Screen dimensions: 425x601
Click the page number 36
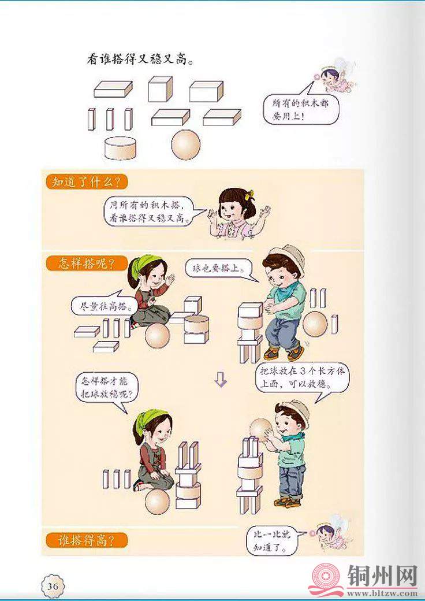pos(53,586)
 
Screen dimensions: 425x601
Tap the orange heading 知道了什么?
pos(86,181)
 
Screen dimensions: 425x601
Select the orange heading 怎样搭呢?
pos(86,264)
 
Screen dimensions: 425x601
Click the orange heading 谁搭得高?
pos(86,540)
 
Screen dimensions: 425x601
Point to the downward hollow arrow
pos(221,379)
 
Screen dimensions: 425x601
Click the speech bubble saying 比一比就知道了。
pos(275,540)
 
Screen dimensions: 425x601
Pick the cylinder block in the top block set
pos(120,148)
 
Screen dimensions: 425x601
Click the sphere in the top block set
pos(186,144)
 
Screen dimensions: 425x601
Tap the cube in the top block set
pos(161,89)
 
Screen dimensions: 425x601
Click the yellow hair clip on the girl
pos(250,194)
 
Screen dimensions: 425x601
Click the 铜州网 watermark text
pos(382,577)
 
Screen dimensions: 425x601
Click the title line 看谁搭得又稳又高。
pos(139,59)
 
